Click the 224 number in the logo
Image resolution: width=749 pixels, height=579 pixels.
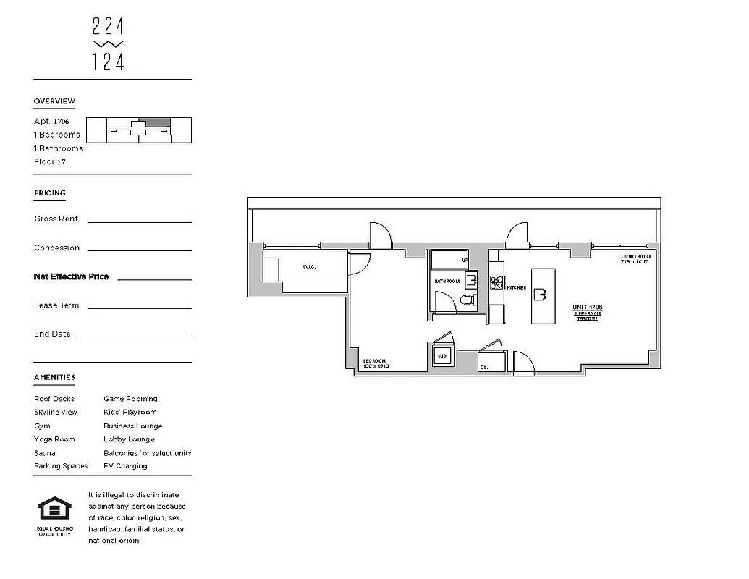[x=109, y=27]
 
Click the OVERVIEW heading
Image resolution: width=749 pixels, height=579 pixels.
[x=54, y=101]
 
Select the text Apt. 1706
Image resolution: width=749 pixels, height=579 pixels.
[x=51, y=122]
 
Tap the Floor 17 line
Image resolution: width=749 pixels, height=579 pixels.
[x=50, y=162]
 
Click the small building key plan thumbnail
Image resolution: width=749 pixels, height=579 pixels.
[x=139, y=130]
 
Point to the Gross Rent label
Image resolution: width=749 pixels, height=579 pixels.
[x=56, y=219]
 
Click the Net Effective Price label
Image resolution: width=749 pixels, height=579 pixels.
[x=71, y=276]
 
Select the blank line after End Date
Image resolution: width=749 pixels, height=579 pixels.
[x=134, y=336]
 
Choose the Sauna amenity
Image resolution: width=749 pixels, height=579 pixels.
[x=44, y=453]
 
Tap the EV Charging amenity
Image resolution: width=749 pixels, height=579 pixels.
[x=125, y=466]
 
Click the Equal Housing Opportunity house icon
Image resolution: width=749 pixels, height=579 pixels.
[x=55, y=510]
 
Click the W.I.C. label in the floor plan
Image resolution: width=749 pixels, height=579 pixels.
[x=310, y=267]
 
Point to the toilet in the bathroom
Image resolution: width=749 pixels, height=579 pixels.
[x=467, y=299]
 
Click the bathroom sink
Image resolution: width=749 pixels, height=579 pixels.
[x=471, y=279]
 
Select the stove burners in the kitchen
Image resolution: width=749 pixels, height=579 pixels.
[x=496, y=282]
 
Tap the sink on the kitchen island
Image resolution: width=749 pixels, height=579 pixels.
[x=540, y=294]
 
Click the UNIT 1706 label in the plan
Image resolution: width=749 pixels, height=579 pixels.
[x=588, y=308]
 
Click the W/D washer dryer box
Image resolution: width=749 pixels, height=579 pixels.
[x=442, y=356]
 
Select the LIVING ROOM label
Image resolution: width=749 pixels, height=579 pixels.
[x=635, y=257]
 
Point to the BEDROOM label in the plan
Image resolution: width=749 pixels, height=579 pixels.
[x=374, y=361]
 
